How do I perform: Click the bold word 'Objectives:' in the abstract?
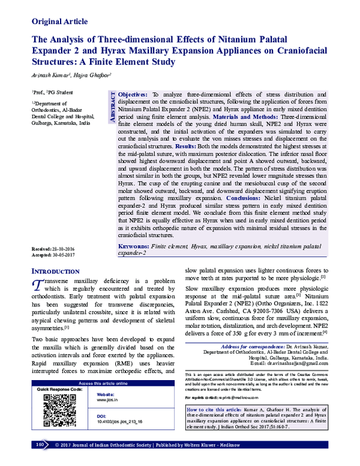tap(133, 95)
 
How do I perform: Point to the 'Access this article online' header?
tap(101, 400)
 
